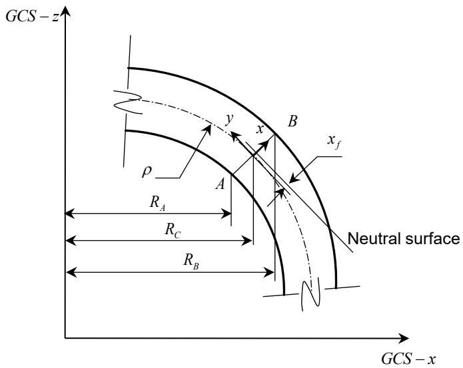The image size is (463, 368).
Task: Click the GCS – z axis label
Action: click(x=33, y=17)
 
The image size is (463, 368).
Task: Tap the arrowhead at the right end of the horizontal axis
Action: click(x=403, y=338)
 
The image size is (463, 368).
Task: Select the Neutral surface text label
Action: click(x=404, y=238)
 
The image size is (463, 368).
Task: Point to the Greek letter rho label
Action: click(x=147, y=172)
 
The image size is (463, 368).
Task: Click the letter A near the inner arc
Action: click(x=221, y=184)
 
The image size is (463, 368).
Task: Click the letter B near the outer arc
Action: click(x=292, y=121)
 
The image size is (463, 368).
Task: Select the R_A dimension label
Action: click(x=157, y=204)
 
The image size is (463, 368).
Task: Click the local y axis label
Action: click(x=229, y=119)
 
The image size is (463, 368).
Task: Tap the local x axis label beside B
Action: click(x=259, y=129)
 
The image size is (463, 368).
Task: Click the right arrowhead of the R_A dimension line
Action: click(x=227, y=213)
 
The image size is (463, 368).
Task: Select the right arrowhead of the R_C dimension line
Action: click(x=247, y=241)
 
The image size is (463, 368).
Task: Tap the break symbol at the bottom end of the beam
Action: click(x=310, y=294)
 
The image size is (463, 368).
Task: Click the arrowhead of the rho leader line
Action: click(x=208, y=129)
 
